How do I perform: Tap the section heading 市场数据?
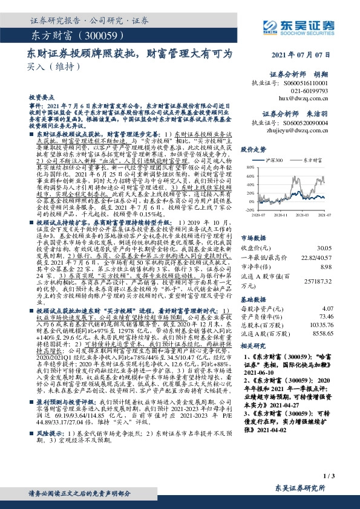[253, 221]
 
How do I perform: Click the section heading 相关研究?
[253, 346]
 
